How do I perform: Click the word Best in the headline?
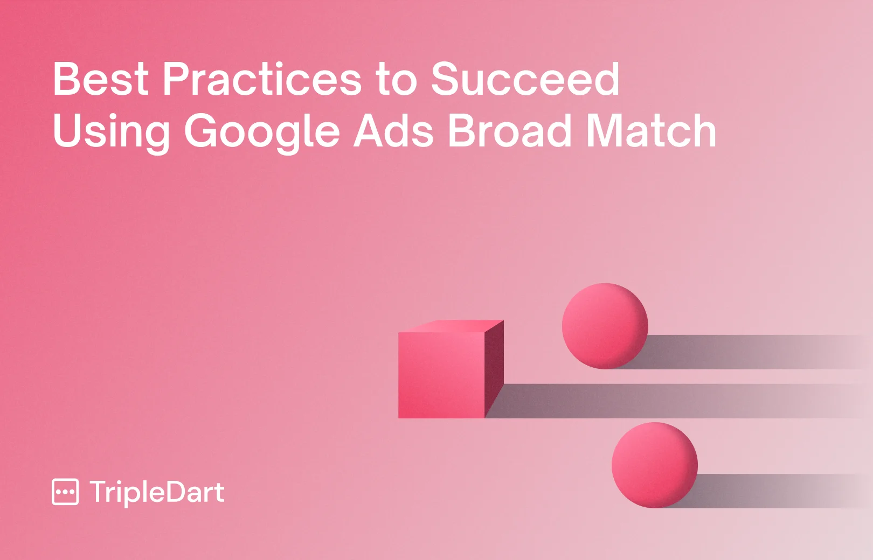pos(100,79)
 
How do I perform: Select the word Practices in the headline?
pos(262,79)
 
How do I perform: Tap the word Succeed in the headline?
pos(525,79)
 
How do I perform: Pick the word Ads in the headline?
pos(393,131)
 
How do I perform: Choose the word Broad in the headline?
pos(509,131)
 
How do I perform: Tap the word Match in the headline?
pos(651,131)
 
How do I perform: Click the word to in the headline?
pos(396,80)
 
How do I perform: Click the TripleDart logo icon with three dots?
pos(65,492)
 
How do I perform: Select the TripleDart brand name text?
pos(157,492)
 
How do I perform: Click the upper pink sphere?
pos(605,326)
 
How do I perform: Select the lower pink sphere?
pos(654,465)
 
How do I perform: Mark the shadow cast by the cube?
pos(647,401)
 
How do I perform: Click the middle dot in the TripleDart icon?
pos(65,492)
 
